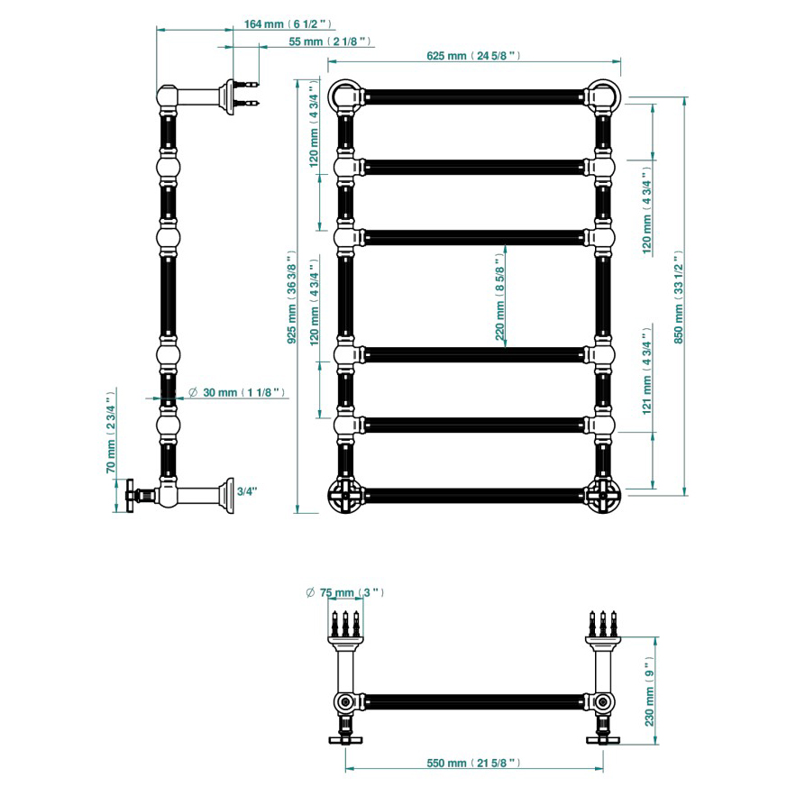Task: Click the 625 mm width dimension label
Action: click(x=473, y=56)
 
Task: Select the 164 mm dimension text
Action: click(x=288, y=23)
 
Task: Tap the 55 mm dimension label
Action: click(x=329, y=41)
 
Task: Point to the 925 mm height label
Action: click(x=292, y=297)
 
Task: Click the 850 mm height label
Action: click(x=679, y=297)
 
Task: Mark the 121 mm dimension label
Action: click(x=646, y=371)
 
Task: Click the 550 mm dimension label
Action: click(x=473, y=763)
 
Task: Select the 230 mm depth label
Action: click(x=650, y=691)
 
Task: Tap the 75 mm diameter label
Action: click(x=345, y=592)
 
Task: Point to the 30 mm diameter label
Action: click(x=236, y=392)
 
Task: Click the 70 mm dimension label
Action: click(x=111, y=432)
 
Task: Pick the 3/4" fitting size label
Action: click(x=247, y=491)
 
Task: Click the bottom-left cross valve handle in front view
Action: click(x=345, y=495)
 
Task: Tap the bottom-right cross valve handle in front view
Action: click(x=603, y=495)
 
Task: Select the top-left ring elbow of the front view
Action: click(x=345, y=96)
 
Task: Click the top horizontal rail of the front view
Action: click(x=474, y=96)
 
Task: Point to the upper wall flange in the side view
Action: click(x=228, y=96)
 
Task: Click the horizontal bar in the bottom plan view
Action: click(x=474, y=702)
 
